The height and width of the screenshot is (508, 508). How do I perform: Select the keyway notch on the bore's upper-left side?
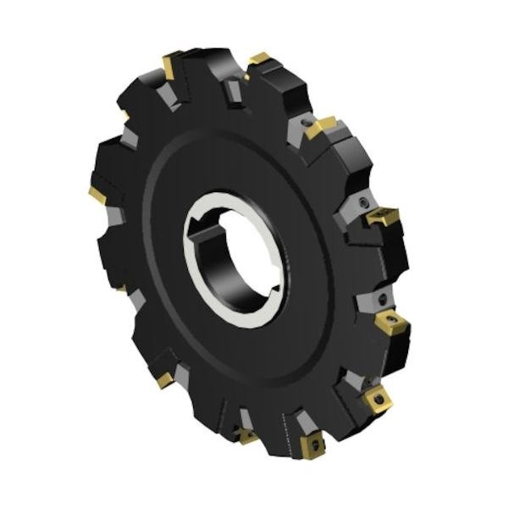(x=202, y=221)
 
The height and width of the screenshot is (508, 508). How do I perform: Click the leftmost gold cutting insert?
(x=97, y=196)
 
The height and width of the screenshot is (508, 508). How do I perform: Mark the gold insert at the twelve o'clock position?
(x=259, y=59)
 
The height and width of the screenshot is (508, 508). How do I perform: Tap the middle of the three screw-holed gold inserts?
(x=373, y=397)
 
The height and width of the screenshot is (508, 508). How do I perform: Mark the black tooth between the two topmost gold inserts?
(x=216, y=68)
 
